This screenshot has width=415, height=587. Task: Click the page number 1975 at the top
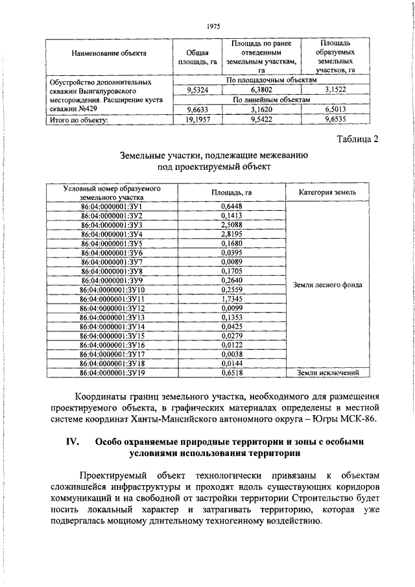[213, 27]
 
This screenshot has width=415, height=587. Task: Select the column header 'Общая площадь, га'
[196, 56]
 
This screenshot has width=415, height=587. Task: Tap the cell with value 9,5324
[196, 90]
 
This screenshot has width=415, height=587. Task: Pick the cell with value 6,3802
[261, 90]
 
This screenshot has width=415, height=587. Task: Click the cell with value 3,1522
[335, 90]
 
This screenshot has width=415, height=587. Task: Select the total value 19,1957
[196, 119]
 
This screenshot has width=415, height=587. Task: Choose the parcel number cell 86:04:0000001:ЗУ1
[110, 206]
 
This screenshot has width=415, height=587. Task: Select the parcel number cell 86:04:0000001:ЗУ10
[110, 289]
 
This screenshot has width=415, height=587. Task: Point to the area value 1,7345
[231, 298]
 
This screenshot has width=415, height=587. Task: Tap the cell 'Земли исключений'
[327, 373]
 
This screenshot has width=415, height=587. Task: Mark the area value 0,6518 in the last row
[231, 373]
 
